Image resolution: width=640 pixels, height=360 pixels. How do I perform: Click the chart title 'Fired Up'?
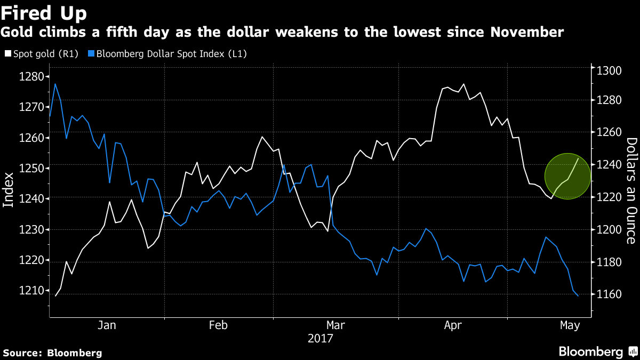pos(44,12)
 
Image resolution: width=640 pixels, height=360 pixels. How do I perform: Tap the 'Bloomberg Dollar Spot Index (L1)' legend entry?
pos(170,53)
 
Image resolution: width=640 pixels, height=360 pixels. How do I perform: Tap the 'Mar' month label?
pos(335,325)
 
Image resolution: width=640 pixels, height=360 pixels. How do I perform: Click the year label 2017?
pos(320,338)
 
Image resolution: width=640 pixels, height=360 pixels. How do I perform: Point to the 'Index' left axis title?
pos(9,189)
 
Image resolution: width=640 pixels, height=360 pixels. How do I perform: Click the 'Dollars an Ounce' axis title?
pos(631,190)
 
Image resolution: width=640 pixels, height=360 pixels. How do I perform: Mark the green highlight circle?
pos(567,176)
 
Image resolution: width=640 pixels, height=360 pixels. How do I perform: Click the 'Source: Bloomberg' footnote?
pos(52,353)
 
